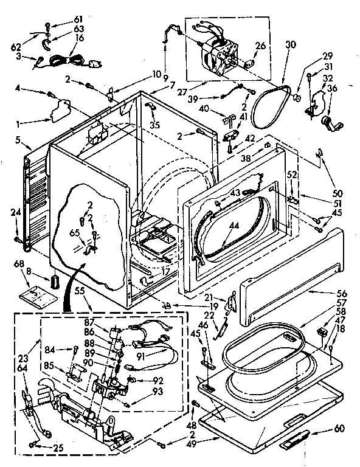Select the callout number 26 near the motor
pyautogui.click(x=260, y=45)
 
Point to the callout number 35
pyautogui.click(x=155, y=125)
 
